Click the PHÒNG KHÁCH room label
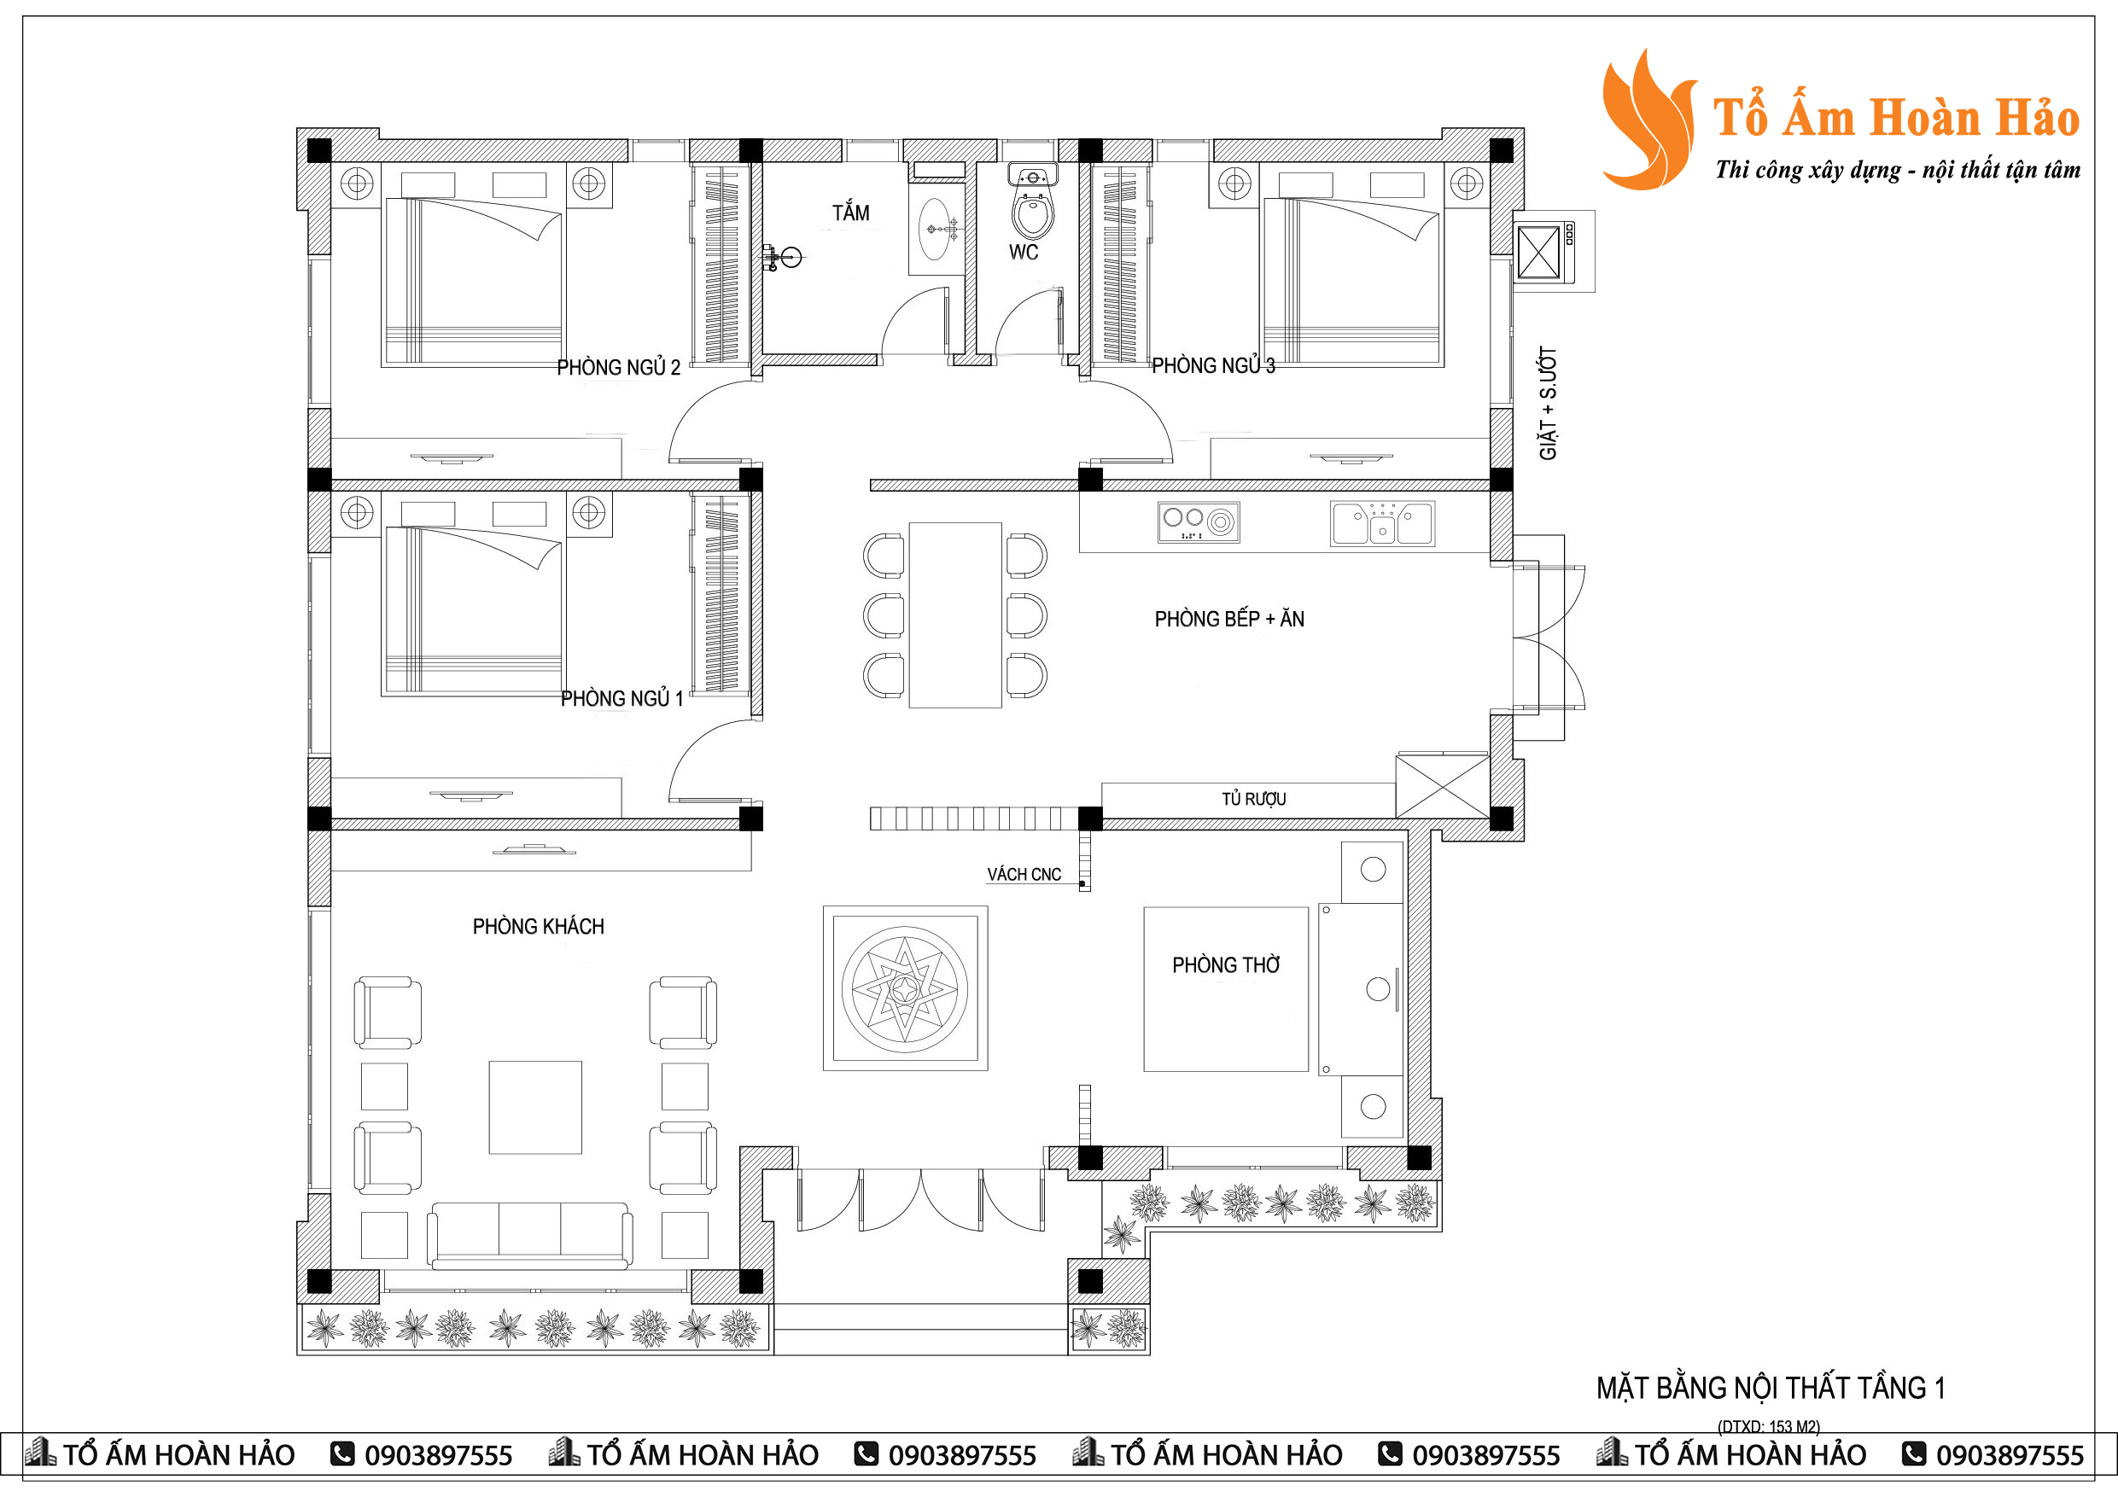[x=538, y=926]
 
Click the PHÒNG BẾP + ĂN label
[x=1228, y=619]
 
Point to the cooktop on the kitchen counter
[x=1199, y=522]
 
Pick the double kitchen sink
[x=1381, y=523]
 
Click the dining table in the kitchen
[x=954, y=615]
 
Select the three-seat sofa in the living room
[x=529, y=1234]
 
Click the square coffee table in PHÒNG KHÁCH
[x=535, y=1107]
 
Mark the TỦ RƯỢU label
[x=1254, y=799]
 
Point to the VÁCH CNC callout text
[x=1024, y=875]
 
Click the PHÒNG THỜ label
[x=1226, y=964]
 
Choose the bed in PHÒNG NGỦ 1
[x=473, y=609]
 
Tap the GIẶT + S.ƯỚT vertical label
[x=1548, y=403]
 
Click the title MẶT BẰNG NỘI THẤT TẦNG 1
[x=1771, y=1388]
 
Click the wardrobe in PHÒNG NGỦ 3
[x=1120, y=265]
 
